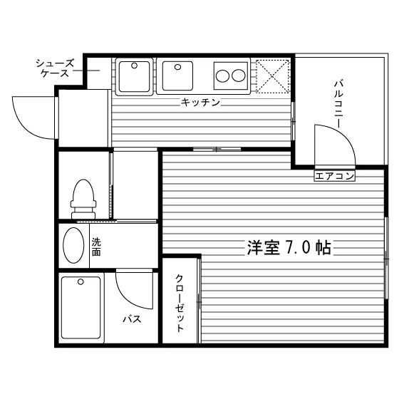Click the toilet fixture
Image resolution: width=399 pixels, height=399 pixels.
[x=83, y=199]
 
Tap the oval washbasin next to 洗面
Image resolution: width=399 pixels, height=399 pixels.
[x=73, y=245]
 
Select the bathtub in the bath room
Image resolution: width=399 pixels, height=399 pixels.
[x=81, y=308]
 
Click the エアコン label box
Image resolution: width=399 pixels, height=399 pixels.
[x=334, y=176]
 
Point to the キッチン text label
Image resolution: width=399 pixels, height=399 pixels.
[x=200, y=103]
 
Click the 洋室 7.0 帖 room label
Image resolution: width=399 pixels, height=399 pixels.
[x=289, y=247]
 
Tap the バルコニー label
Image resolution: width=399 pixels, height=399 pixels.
[x=338, y=104]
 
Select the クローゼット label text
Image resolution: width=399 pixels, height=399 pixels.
[x=180, y=303]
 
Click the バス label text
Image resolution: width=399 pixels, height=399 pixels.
[x=132, y=319]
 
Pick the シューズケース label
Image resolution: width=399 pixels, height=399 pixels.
[x=55, y=68]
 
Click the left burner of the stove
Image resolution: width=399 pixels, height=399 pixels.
[x=222, y=76]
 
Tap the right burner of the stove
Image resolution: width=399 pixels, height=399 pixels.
[x=239, y=76]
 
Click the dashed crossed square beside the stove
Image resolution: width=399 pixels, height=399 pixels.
[x=272, y=76]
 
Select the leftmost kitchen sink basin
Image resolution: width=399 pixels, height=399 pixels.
[x=134, y=77]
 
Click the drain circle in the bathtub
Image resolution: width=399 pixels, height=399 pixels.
[x=81, y=282]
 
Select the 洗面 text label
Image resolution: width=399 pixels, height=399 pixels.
[x=96, y=247]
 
